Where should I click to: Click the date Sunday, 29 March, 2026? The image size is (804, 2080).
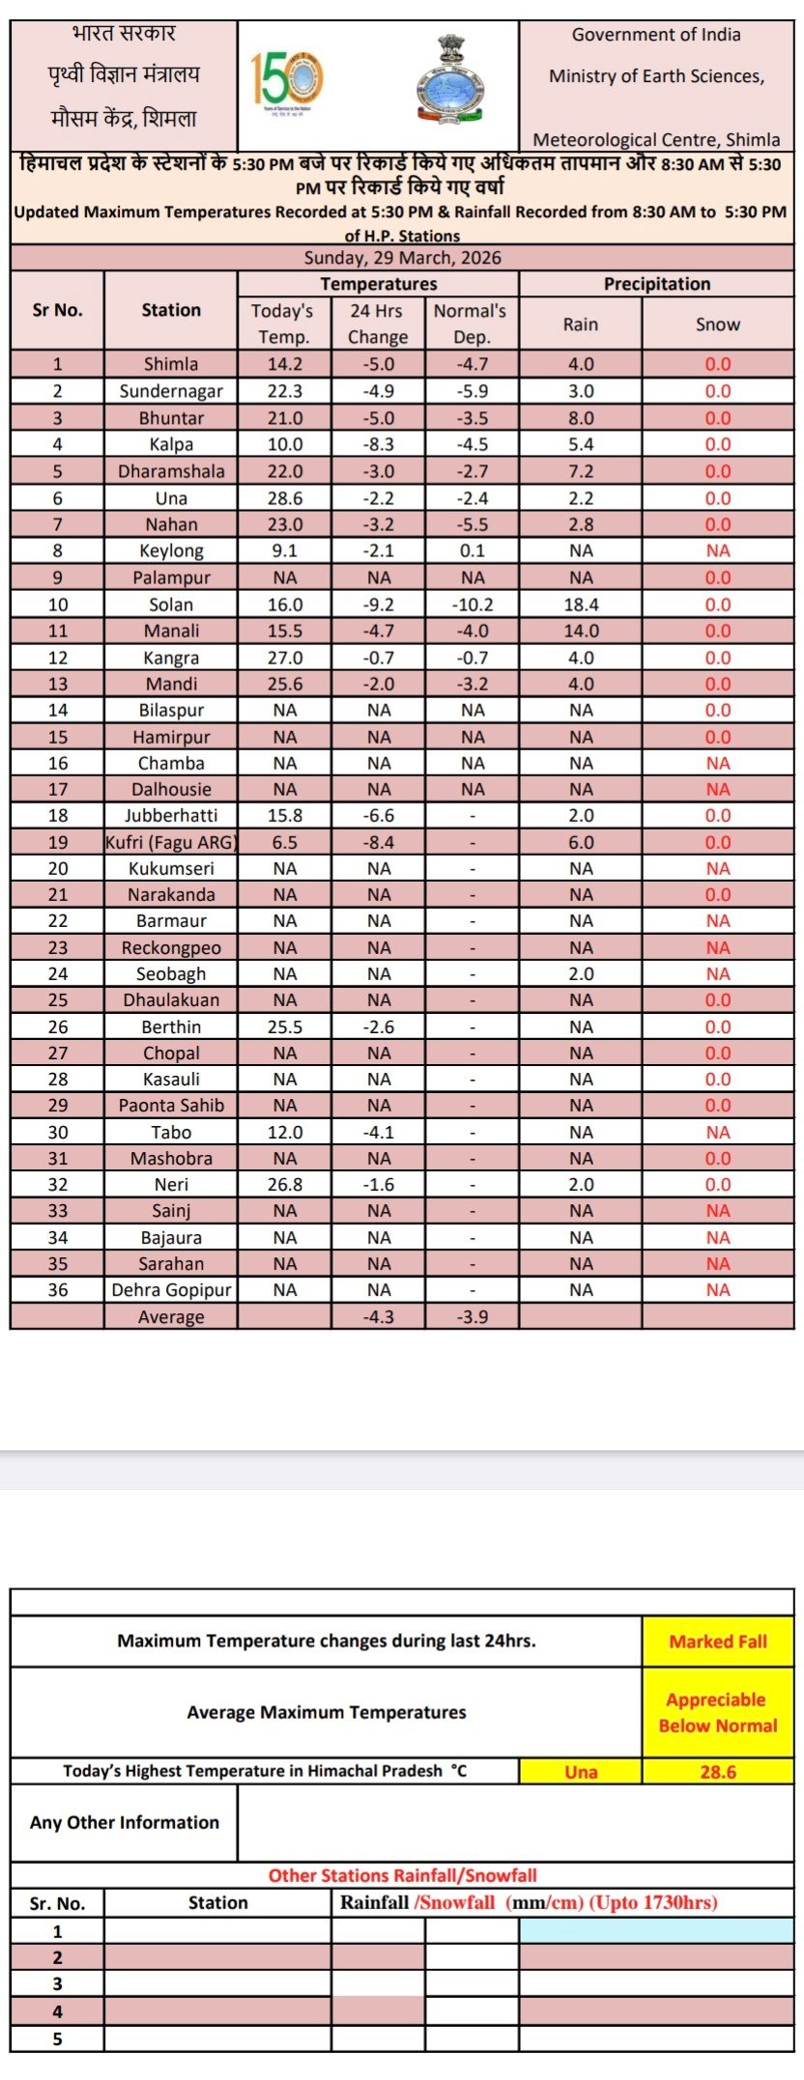(402, 258)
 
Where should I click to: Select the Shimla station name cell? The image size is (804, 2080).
(171, 364)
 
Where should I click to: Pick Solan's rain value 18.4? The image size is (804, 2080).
(580, 604)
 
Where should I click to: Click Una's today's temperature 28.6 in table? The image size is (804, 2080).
(284, 498)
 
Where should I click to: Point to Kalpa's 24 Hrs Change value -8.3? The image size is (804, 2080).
(378, 444)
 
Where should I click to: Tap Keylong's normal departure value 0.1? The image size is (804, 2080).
(473, 550)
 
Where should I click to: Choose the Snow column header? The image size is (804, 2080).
(717, 324)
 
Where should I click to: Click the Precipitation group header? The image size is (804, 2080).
(656, 284)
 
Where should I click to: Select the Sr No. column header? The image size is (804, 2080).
(57, 310)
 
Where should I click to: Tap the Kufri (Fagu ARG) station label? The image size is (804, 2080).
(171, 842)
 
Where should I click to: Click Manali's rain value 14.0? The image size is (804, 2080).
(580, 631)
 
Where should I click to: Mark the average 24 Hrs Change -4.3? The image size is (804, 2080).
(378, 1317)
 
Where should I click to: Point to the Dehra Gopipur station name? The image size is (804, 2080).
(171, 1290)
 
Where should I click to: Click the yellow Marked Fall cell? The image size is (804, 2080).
(717, 1642)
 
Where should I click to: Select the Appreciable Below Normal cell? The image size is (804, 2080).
(717, 1712)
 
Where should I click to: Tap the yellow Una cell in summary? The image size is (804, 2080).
(580, 1772)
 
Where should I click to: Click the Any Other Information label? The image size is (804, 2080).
(124, 1822)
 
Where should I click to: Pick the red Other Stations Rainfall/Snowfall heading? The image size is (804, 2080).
(402, 1875)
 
